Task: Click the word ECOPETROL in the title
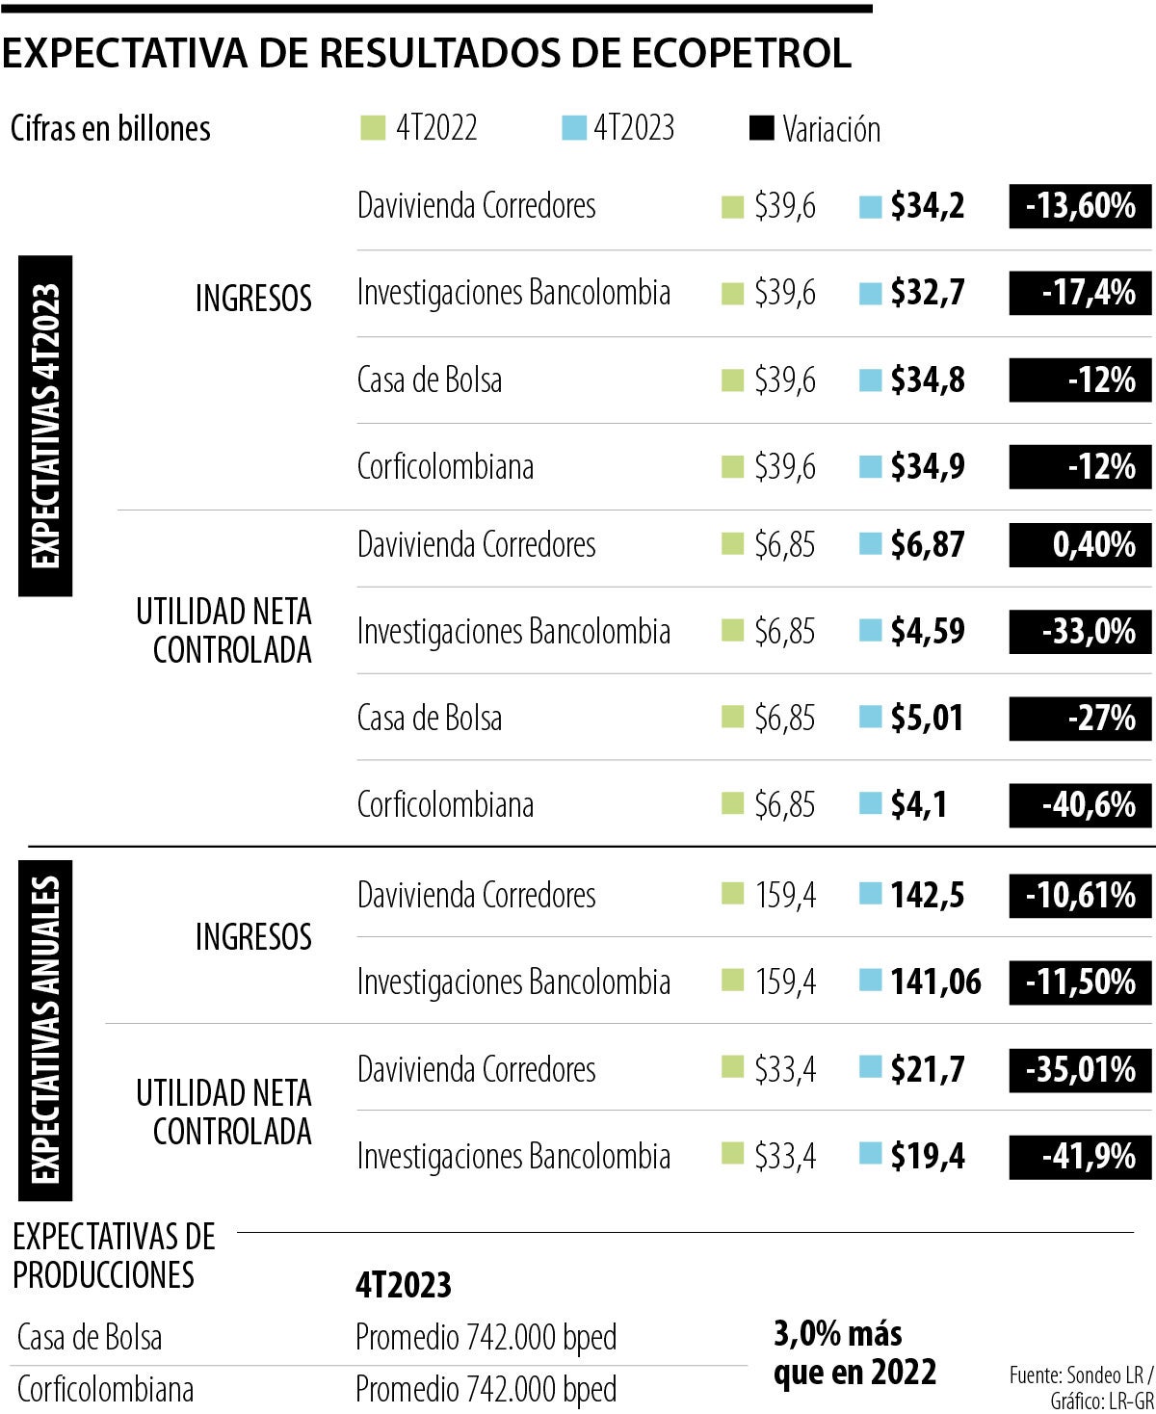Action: click(741, 54)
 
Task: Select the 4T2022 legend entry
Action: click(420, 128)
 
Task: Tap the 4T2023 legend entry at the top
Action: click(619, 128)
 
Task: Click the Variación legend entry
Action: click(816, 129)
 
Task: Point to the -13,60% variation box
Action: click(1080, 206)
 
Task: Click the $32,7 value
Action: click(927, 293)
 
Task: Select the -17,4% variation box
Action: click(1080, 293)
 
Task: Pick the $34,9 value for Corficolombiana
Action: click(927, 467)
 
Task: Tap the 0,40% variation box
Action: click(1080, 545)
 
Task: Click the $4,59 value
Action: click(927, 632)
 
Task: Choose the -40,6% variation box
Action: click(1080, 805)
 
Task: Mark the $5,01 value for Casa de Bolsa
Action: click(927, 719)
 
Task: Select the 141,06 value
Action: click(934, 982)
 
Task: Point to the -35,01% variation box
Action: click(1080, 1070)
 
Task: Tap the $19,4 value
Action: click(927, 1157)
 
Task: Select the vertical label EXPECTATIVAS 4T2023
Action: click(45, 426)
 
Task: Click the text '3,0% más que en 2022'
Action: click(854, 1352)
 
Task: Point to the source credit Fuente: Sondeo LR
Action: click(1080, 1374)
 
